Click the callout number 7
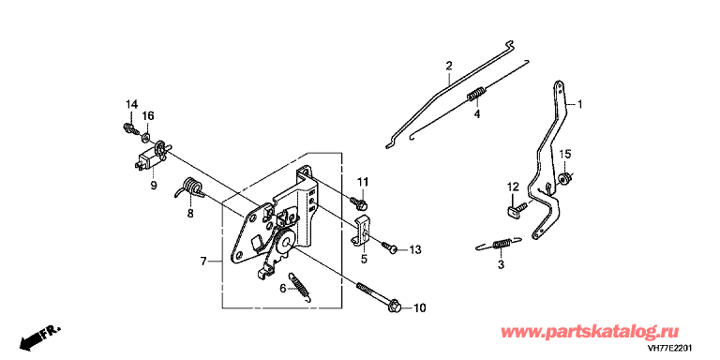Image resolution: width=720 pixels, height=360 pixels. [203, 262]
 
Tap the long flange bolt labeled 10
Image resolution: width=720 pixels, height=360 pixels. [379, 295]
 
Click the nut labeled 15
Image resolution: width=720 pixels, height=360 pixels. [563, 178]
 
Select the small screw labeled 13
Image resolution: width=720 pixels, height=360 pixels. [389, 247]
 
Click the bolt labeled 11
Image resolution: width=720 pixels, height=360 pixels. [358, 201]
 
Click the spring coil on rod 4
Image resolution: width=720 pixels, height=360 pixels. [475, 95]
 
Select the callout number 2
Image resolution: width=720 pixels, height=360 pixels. [449, 65]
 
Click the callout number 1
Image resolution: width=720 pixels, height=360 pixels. [579, 105]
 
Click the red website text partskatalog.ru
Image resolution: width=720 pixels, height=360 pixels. [590, 331]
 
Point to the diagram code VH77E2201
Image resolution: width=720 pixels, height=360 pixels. [669, 348]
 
